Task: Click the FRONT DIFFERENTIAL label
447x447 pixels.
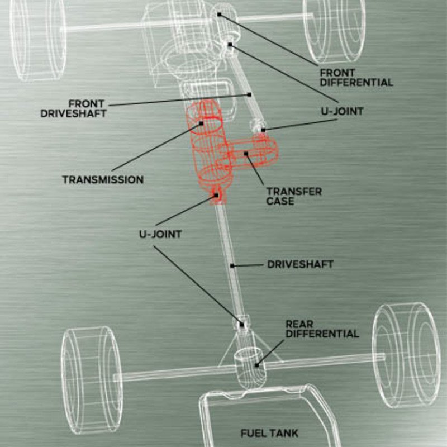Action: (x=356, y=78)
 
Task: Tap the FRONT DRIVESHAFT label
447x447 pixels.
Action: (x=73, y=108)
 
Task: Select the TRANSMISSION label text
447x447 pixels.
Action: (x=103, y=180)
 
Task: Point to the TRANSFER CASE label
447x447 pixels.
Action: (x=294, y=196)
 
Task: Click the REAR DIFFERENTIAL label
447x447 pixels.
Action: (x=322, y=329)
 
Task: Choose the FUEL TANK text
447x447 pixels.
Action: (x=269, y=433)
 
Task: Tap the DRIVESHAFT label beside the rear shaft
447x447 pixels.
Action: (x=300, y=264)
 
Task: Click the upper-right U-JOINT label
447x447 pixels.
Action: (x=342, y=111)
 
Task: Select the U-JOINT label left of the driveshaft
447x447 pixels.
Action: (x=160, y=235)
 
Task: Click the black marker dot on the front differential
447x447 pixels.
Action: (x=220, y=13)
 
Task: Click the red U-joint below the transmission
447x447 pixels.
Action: (x=217, y=196)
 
